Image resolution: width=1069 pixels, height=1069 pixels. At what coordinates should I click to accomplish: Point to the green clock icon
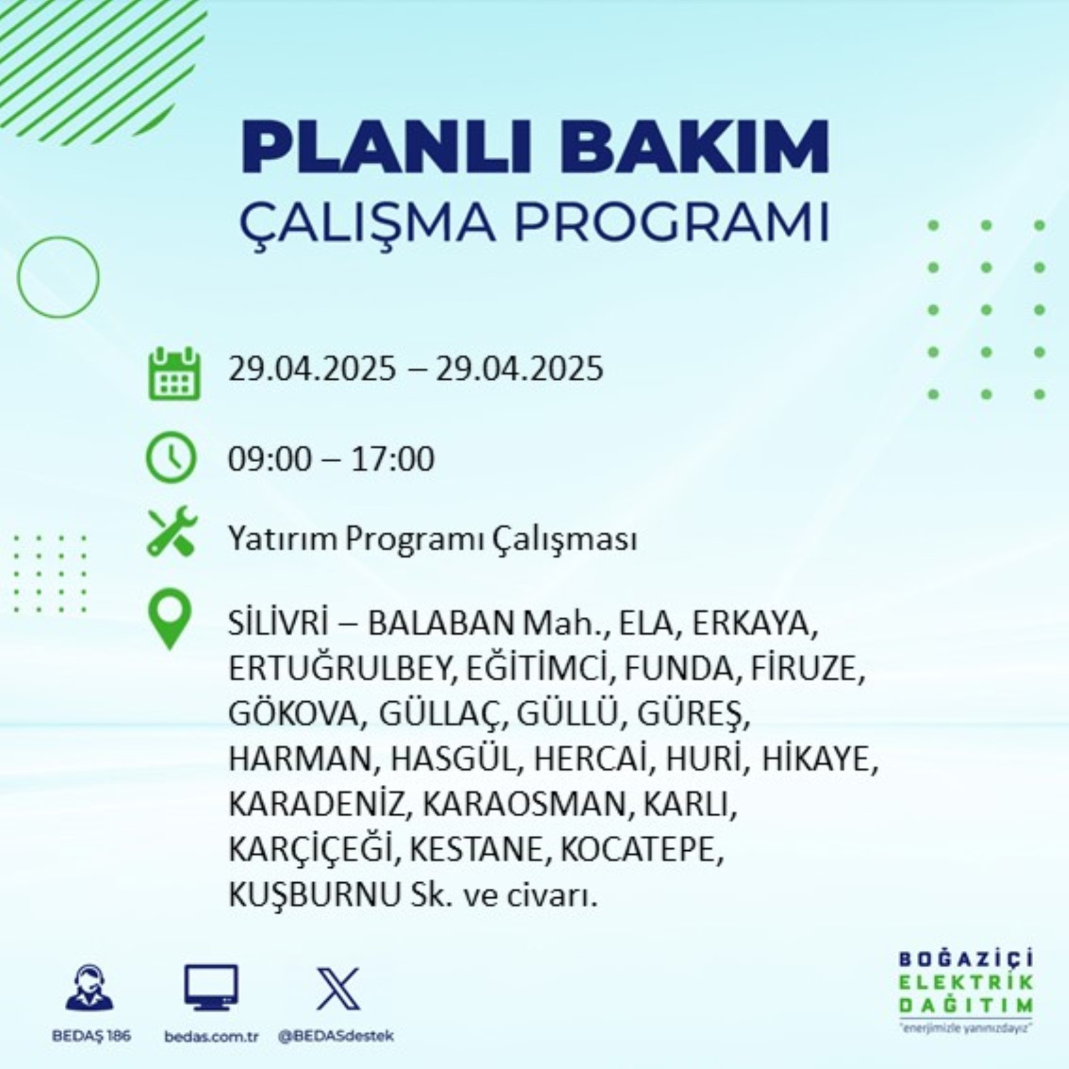pyautogui.click(x=171, y=457)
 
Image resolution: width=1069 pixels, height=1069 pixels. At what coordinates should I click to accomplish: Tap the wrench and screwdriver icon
pyautogui.click(x=172, y=531)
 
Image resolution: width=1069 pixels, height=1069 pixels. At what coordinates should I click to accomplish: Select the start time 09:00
pyautogui.click(x=270, y=458)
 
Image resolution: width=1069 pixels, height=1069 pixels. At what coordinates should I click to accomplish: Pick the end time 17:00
pyautogui.click(x=392, y=458)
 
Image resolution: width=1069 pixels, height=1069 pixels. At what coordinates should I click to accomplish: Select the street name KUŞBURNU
pyautogui.click(x=314, y=895)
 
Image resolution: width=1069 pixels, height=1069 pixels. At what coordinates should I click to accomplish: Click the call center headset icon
pyautogui.click(x=90, y=988)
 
